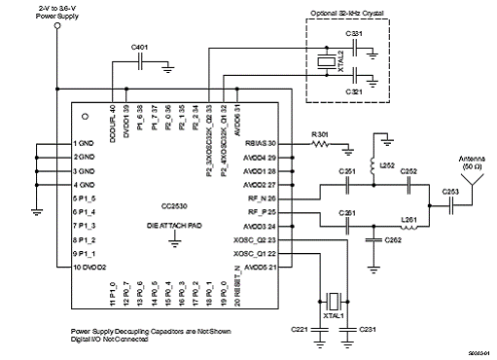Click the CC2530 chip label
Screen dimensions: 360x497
[176, 206]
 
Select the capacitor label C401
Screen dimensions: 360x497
[141, 47]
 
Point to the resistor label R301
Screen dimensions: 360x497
[319, 134]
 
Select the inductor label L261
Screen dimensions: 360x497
[408, 220]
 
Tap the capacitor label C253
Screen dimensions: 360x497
[451, 193]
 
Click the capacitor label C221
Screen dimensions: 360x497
[301, 329]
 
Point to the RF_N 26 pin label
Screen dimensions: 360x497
[263, 198]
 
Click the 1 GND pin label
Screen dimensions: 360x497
[83, 143]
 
